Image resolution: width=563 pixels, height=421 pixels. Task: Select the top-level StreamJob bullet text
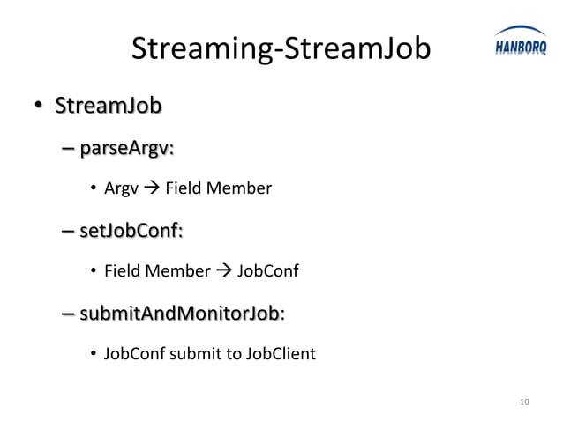108,107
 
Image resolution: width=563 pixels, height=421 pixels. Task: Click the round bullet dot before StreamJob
39,109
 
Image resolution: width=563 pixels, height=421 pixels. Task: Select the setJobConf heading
131,232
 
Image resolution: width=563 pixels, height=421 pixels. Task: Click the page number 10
524,403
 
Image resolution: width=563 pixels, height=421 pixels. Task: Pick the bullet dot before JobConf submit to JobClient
93,355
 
